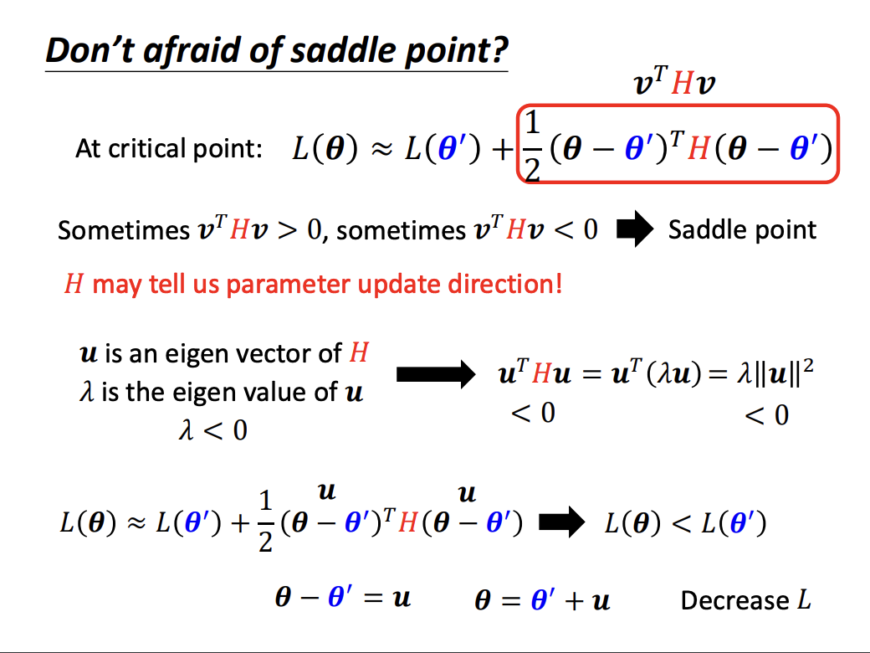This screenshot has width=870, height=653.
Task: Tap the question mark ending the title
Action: (x=499, y=50)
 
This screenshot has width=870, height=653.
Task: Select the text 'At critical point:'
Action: (x=169, y=149)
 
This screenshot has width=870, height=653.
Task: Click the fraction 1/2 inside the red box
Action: (x=532, y=147)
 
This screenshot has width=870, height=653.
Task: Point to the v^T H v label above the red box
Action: (x=674, y=82)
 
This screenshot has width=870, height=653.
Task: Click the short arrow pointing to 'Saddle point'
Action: (x=635, y=229)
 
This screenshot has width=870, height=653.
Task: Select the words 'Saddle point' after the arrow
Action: (x=742, y=230)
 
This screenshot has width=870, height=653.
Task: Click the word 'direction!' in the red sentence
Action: (x=505, y=284)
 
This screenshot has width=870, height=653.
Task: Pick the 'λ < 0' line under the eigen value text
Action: (x=213, y=430)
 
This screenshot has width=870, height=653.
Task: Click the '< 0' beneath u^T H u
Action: (x=533, y=413)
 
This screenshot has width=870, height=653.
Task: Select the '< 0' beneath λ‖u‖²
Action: (x=766, y=415)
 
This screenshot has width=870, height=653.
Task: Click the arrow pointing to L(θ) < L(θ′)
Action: (x=561, y=522)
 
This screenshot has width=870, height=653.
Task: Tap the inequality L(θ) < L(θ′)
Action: (x=686, y=523)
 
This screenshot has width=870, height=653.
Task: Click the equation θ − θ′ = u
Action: (x=343, y=598)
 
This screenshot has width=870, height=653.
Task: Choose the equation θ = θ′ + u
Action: (x=543, y=599)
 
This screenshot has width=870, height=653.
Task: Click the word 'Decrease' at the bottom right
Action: (x=734, y=600)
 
